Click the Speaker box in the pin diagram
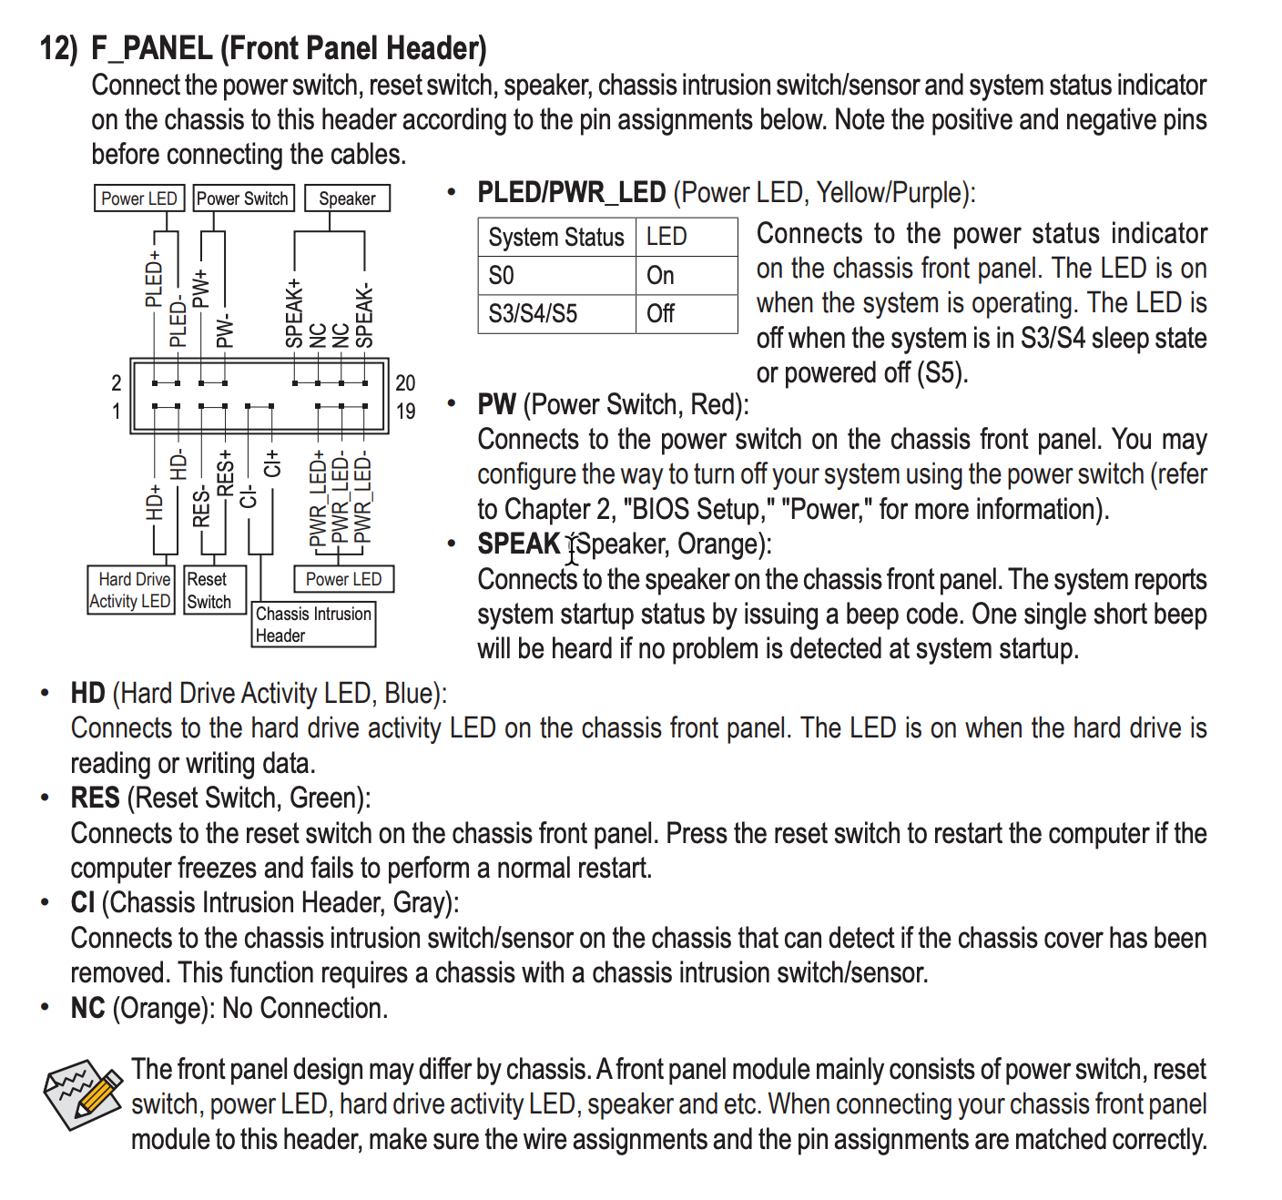tap(347, 198)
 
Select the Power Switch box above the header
tap(242, 198)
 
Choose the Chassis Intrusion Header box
tap(313, 625)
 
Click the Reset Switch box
tap(209, 590)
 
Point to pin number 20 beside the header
tap(405, 383)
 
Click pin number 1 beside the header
tap(117, 412)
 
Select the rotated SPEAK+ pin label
tap(293, 313)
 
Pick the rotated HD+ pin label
tap(155, 503)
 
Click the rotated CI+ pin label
tap(272, 463)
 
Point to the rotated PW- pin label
tap(224, 332)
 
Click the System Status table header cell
tap(556, 237)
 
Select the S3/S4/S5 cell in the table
tap(533, 314)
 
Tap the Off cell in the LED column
tap(660, 314)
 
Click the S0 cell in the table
tap(502, 276)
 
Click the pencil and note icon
tap(83, 1093)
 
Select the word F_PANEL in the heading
tap(152, 48)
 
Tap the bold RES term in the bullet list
tap(95, 798)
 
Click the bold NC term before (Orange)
tap(87, 1009)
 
